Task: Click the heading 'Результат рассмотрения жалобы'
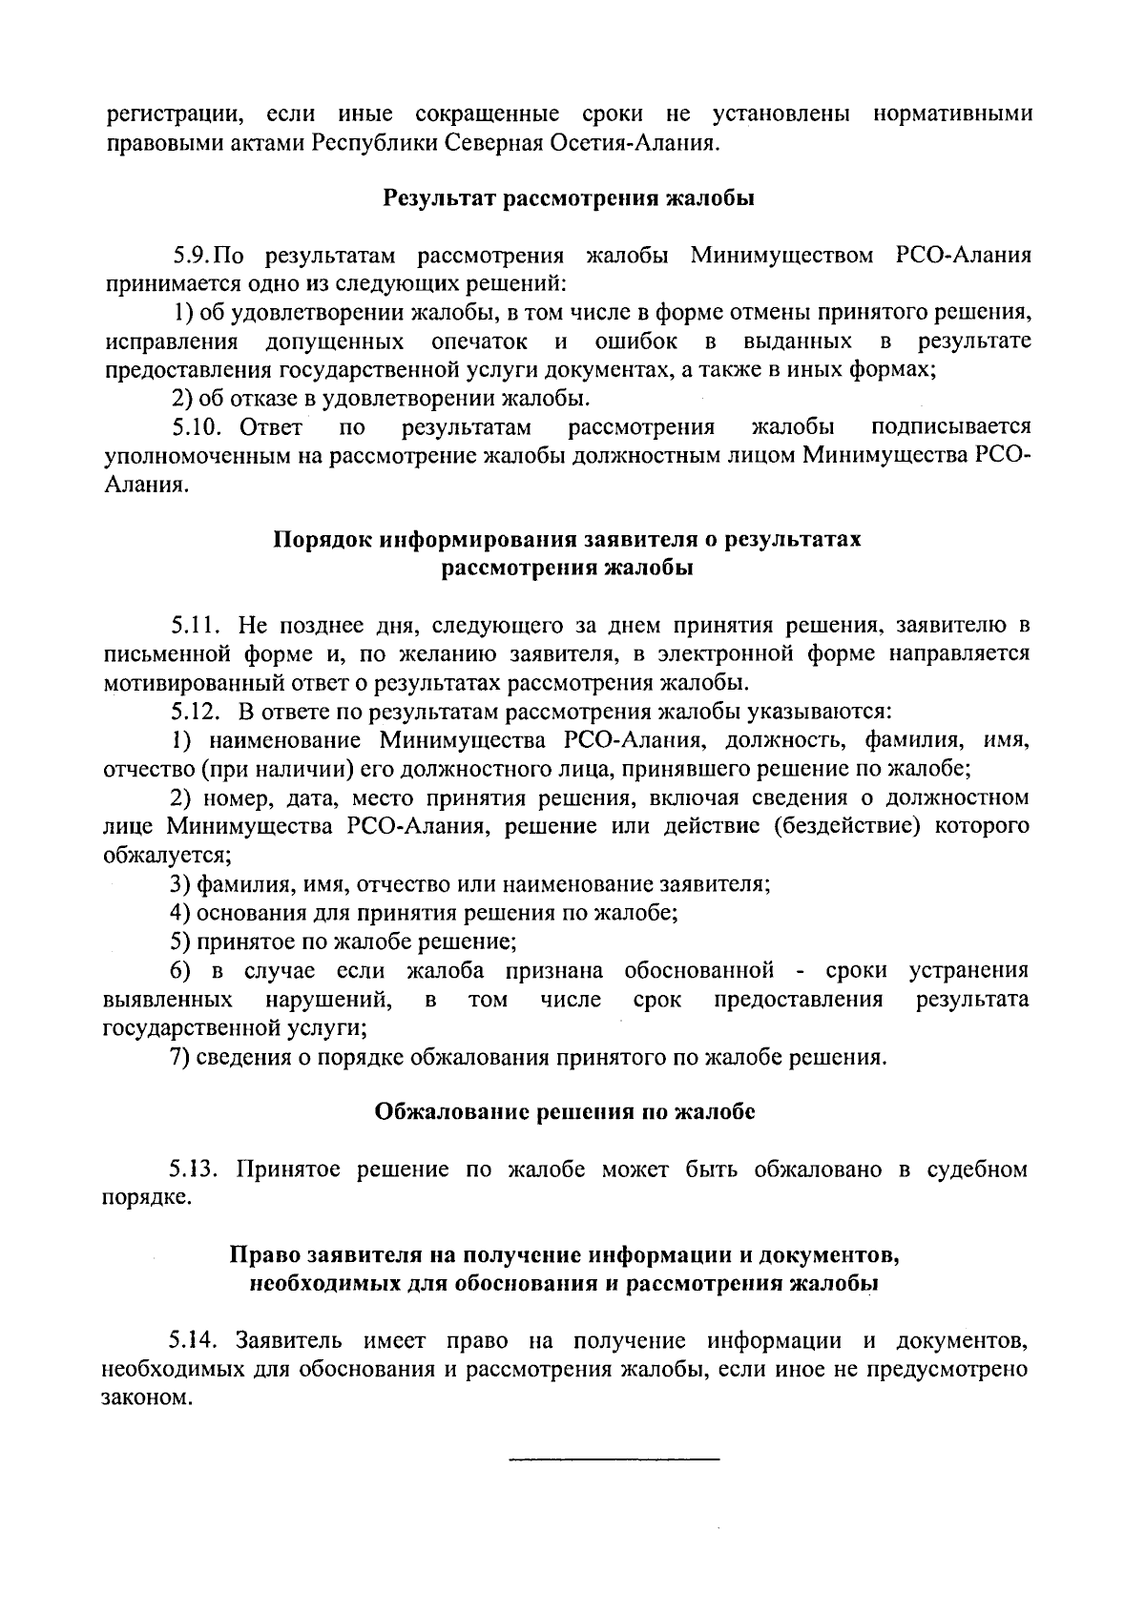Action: click(569, 198)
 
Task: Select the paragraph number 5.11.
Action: click(197, 626)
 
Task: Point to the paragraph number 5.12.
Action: click(197, 712)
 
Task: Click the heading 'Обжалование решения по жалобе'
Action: click(565, 1111)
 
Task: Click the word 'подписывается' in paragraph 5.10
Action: click(951, 426)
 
